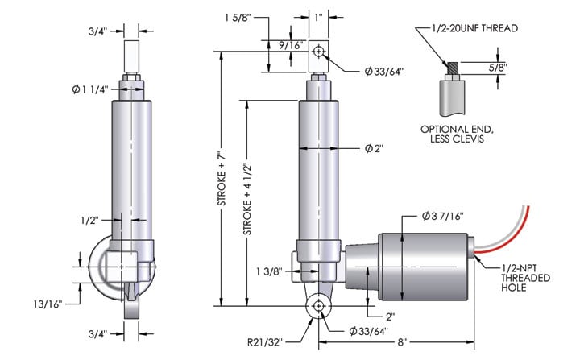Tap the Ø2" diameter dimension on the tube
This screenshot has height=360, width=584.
[x=372, y=148]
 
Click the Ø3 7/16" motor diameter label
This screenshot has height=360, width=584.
[x=442, y=216]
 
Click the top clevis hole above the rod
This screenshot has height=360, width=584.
[x=319, y=52]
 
